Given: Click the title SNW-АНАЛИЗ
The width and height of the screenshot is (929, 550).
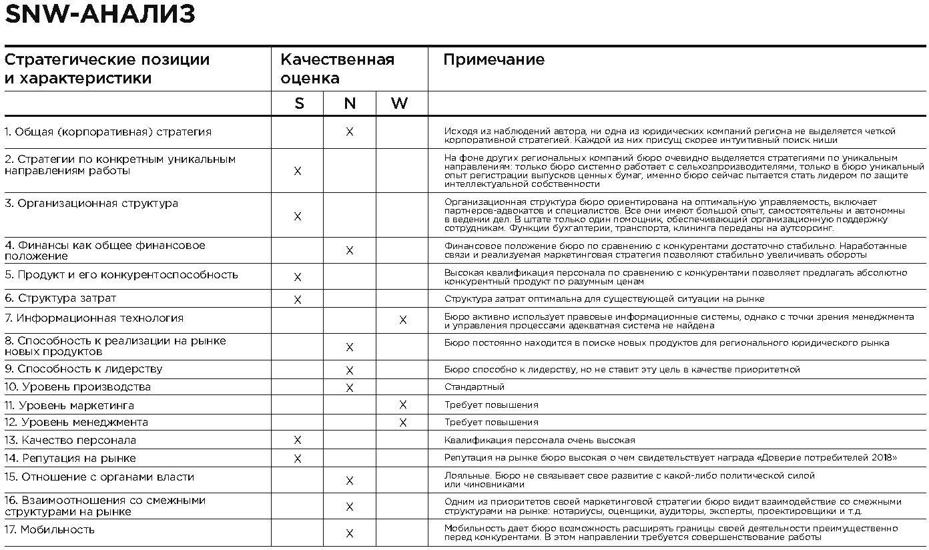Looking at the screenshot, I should (x=100, y=15).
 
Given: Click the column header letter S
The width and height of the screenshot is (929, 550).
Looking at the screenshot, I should (x=298, y=103).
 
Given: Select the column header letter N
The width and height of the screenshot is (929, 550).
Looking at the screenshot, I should (x=350, y=103).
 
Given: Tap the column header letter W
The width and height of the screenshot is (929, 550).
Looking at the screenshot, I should (x=400, y=103).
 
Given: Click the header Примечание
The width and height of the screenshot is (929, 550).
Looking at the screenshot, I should (x=494, y=59).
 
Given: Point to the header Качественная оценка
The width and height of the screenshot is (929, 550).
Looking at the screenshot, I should (x=337, y=69).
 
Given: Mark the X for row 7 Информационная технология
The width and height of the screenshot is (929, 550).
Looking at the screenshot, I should (x=402, y=320).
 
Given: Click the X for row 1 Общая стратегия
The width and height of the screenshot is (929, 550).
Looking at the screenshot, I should (x=350, y=132).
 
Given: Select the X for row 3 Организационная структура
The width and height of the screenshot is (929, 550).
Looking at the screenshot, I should (x=298, y=216).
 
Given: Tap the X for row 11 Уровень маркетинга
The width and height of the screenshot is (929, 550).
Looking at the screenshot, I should (x=402, y=405).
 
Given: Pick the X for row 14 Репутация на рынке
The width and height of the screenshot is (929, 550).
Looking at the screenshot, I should (x=298, y=459).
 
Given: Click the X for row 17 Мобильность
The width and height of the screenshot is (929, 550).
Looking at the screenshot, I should (x=350, y=533).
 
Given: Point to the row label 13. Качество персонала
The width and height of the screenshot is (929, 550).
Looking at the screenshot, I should (x=70, y=441).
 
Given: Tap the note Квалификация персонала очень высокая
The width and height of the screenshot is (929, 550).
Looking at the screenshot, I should (x=539, y=441).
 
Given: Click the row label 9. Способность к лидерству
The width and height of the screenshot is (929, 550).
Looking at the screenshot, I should (x=83, y=369).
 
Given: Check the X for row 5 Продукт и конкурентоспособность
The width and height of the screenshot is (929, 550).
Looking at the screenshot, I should (x=298, y=277).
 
